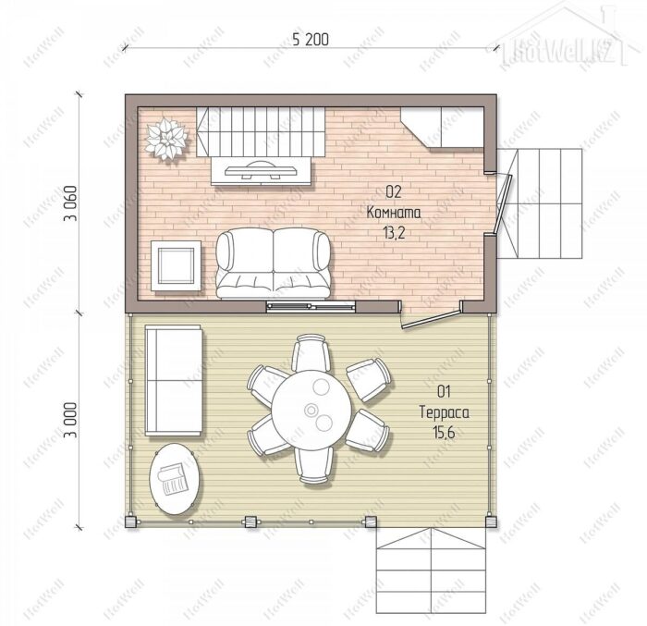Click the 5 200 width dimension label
[311, 39]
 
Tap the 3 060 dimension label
[70, 203]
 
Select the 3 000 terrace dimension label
[70, 420]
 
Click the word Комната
[394, 213]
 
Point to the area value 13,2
[394, 233]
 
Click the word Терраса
[444, 412]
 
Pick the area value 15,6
[444, 433]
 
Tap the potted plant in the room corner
[167, 139]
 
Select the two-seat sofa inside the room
[274, 263]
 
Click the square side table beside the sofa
[177, 265]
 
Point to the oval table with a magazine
[176, 479]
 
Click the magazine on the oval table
[173, 479]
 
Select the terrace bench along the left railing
[174, 380]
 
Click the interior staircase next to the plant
[261, 131]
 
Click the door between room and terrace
[431, 316]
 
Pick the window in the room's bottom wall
[311, 306]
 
